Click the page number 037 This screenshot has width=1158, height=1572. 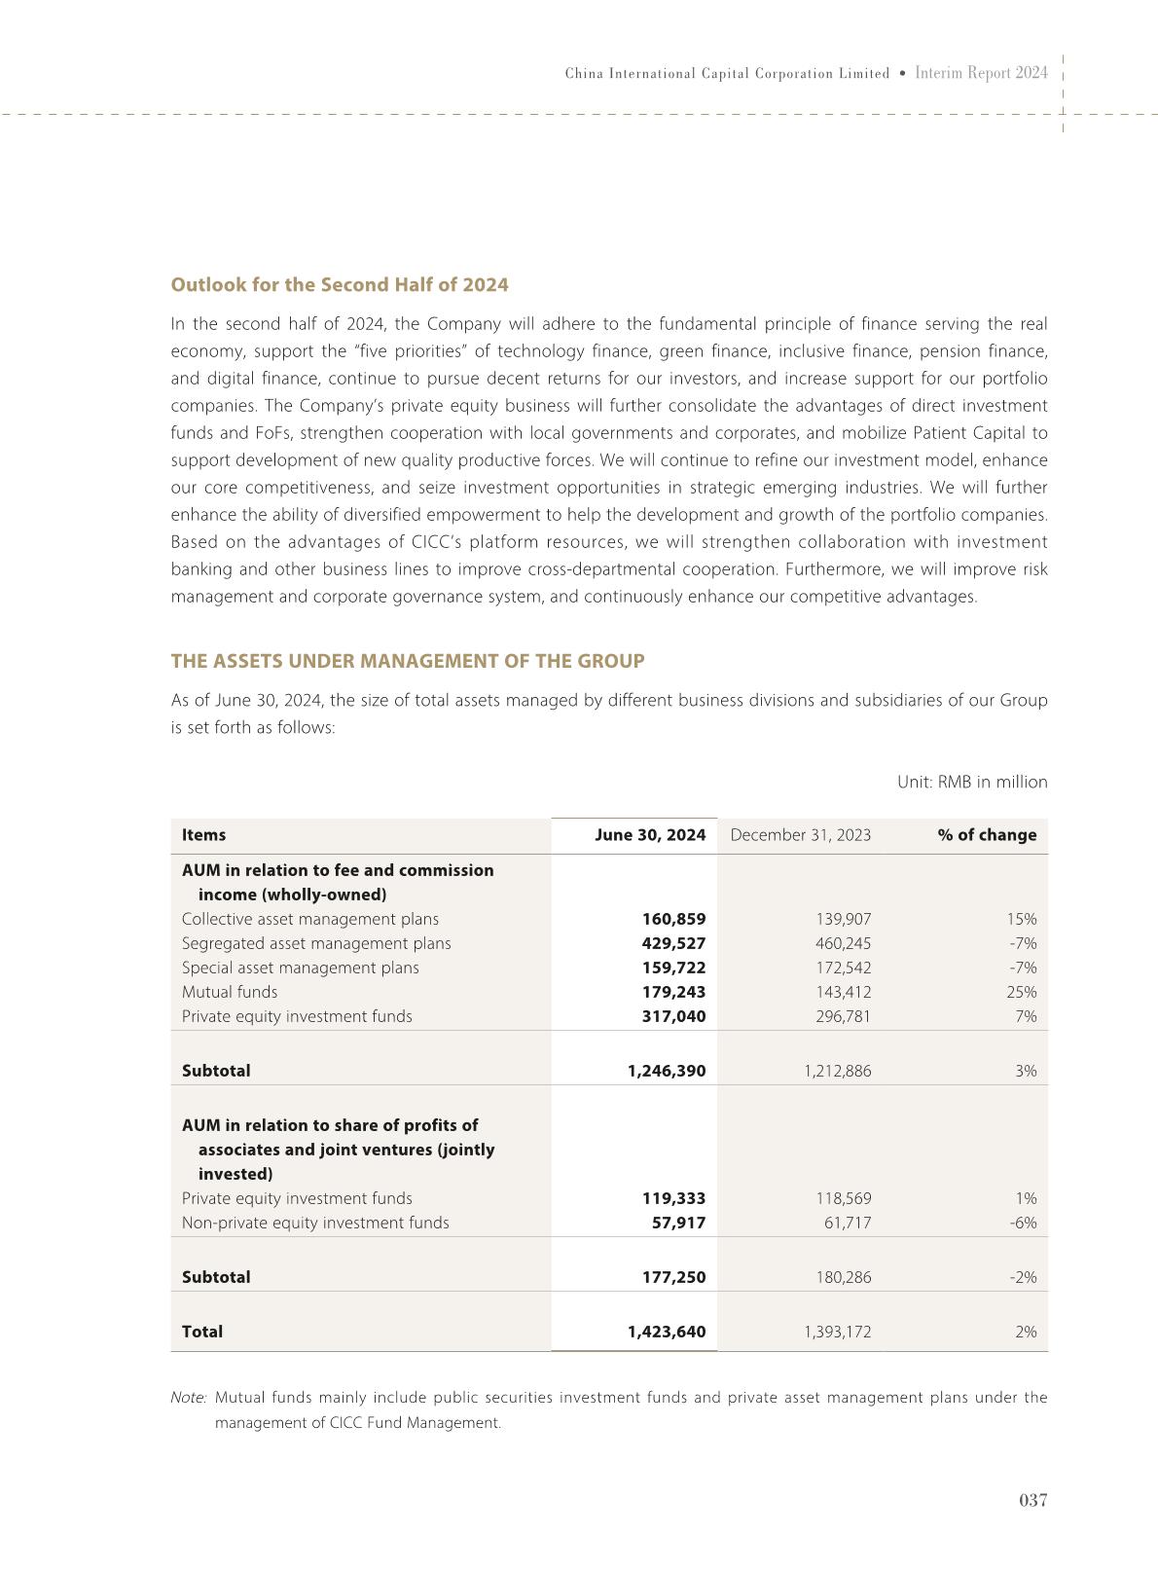(1032, 1500)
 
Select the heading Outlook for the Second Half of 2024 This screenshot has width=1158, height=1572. (340, 284)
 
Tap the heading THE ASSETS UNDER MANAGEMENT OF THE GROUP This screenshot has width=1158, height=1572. (408, 661)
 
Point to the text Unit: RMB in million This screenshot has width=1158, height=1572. (972, 782)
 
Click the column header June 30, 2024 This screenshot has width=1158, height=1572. (650, 834)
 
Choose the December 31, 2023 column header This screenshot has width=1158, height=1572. (800, 834)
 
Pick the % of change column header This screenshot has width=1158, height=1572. (987, 834)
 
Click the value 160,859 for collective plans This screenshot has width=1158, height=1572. (673, 919)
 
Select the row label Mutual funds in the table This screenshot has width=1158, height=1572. (230, 992)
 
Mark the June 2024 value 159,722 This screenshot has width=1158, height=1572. (673, 968)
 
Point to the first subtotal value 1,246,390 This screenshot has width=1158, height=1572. (667, 1071)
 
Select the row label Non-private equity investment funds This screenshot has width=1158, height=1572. (315, 1223)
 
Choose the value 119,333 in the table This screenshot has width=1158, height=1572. (673, 1198)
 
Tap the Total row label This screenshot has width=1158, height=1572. (202, 1332)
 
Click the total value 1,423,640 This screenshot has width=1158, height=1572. (667, 1332)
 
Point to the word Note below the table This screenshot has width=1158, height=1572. (188, 1398)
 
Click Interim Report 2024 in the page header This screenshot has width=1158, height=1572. (982, 73)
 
